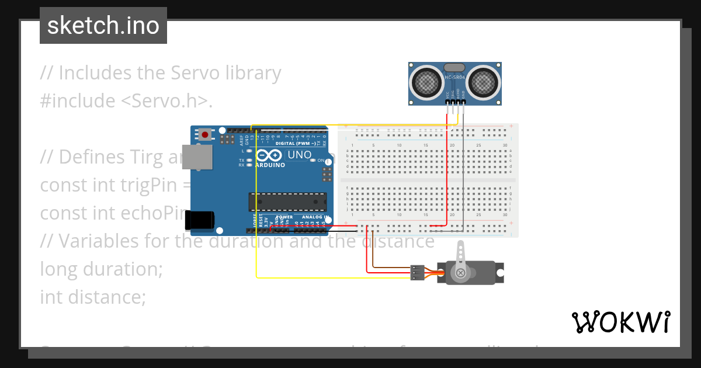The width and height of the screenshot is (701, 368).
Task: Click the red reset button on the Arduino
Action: pos(205,135)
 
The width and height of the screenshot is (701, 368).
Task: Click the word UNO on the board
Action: pos(300,155)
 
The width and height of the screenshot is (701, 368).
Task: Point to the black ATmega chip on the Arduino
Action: pos(287,202)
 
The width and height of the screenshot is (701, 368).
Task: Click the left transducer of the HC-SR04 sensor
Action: pos(427,83)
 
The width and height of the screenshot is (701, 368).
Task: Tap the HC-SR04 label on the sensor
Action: pos(455,77)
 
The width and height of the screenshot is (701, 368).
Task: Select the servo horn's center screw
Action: pos(460,273)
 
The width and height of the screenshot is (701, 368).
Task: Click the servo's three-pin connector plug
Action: pos(417,272)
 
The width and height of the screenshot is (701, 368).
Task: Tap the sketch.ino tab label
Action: pos(103,26)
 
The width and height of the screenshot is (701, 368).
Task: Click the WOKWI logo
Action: pos(620,322)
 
